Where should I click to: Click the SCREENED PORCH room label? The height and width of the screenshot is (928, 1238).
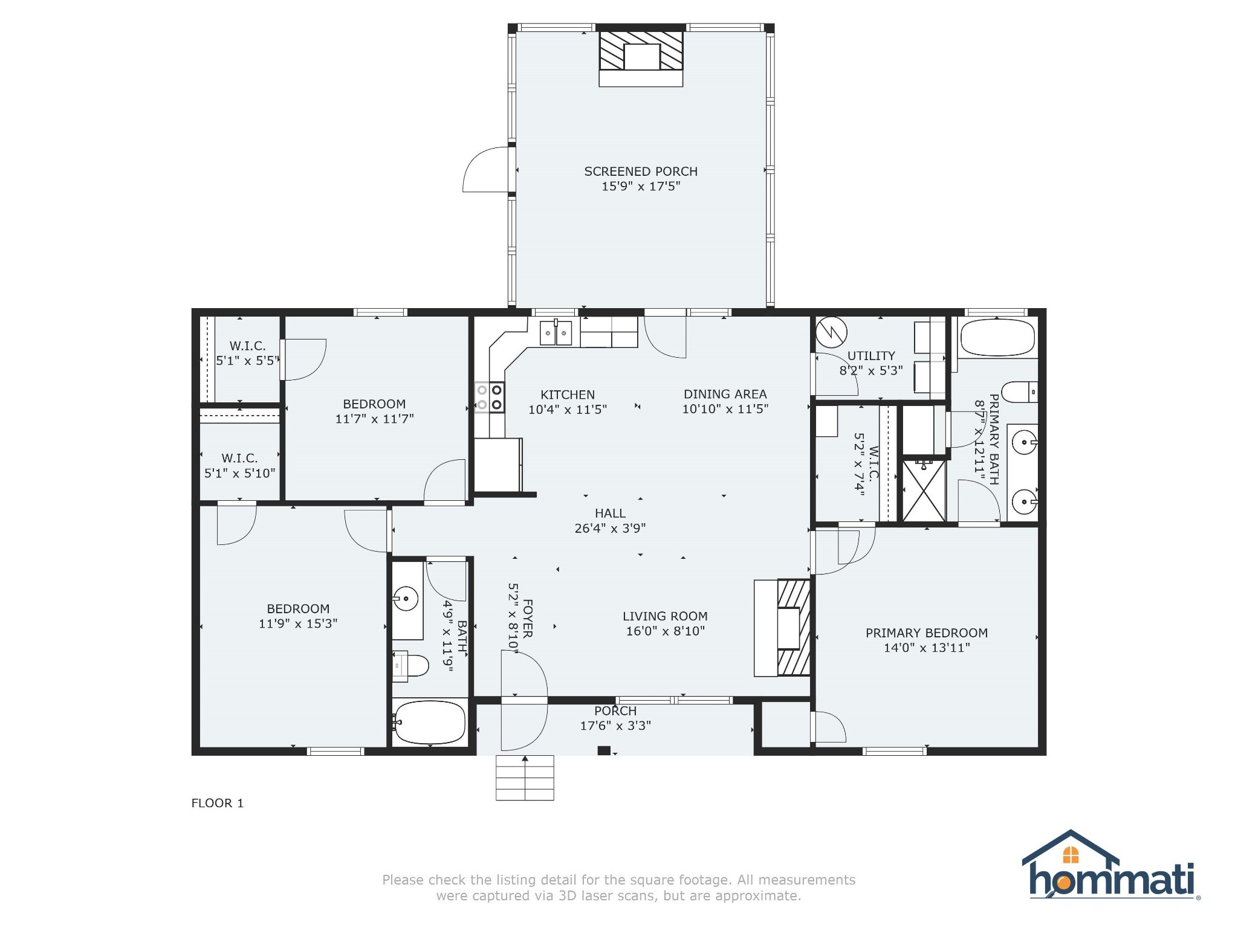click(x=641, y=172)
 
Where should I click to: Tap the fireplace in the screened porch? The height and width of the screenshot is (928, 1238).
click(x=641, y=58)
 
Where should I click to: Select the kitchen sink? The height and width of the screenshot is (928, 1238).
click(x=556, y=333)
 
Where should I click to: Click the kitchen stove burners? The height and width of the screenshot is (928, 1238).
click(x=489, y=398)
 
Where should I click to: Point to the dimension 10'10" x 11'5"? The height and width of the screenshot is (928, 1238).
click(x=725, y=409)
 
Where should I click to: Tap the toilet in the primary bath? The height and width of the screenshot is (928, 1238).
click(x=1020, y=391)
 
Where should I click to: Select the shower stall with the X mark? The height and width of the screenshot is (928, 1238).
click(x=924, y=490)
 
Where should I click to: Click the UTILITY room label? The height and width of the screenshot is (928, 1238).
click(x=871, y=356)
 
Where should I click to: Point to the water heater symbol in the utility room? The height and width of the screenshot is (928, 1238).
click(x=831, y=332)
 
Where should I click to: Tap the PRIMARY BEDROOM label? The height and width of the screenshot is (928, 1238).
click(x=926, y=633)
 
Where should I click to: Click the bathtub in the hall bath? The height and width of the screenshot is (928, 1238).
click(x=430, y=723)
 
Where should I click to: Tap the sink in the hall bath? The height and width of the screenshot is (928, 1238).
click(x=406, y=599)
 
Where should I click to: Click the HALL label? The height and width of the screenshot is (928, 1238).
click(x=610, y=514)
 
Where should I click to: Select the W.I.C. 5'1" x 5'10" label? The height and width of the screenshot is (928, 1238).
click(x=239, y=466)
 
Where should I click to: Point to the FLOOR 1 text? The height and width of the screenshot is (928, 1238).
click(x=217, y=803)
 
